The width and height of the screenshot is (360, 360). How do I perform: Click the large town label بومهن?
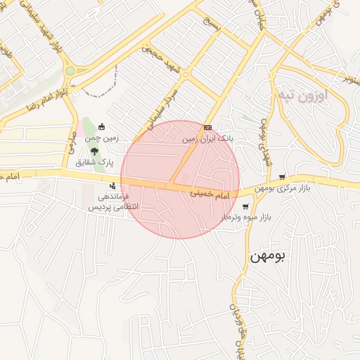(x=269, y=257)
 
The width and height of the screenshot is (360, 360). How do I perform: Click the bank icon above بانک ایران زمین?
(x=207, y=127)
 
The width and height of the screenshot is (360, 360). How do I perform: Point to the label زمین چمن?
(x=103, y=139)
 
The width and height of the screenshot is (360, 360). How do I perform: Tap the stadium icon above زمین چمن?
(x=103, y=127)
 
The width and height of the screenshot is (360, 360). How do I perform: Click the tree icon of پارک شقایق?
(x=94, y=150)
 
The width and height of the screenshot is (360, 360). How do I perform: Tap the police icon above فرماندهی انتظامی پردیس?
(x=113, y=186)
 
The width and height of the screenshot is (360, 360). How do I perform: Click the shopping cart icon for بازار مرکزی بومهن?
(x=282, y=176)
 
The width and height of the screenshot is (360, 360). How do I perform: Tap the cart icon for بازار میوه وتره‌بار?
(x=245, y=206)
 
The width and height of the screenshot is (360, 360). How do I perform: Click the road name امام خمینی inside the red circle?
(x=211, y=193)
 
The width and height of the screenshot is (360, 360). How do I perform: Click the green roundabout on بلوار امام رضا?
(x=70, y=71)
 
